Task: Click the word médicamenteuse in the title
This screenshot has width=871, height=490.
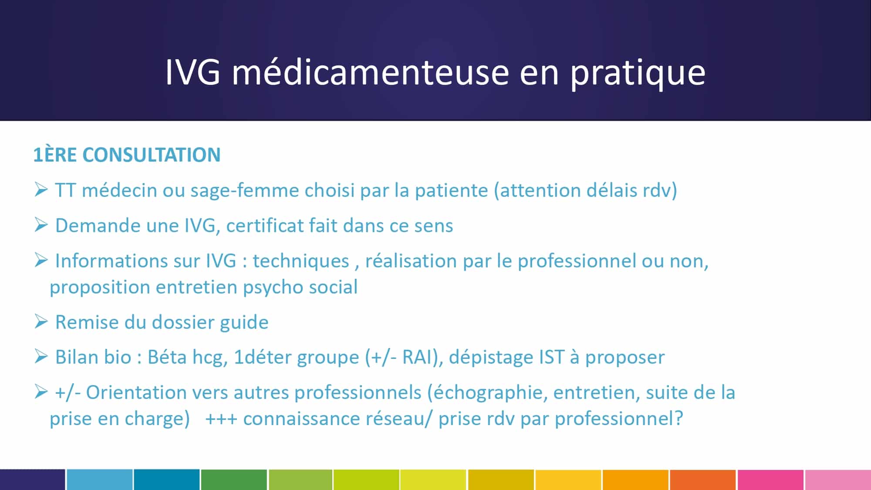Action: (370, 72)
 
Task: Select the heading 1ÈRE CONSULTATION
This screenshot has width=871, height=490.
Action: (127, 155)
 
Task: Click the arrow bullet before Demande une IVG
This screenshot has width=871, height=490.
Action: (41, 225)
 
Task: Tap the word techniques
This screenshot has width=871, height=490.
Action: (301, 261)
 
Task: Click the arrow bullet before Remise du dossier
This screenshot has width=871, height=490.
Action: (41, 322)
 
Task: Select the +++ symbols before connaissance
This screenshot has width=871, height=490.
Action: (221, 419)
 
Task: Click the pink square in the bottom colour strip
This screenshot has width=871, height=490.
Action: (770, 480)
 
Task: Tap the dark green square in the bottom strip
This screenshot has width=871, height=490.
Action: (234, 480)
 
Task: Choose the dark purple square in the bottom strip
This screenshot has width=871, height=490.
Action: (32, 480)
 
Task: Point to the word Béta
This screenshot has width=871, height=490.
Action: (167, 357)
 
